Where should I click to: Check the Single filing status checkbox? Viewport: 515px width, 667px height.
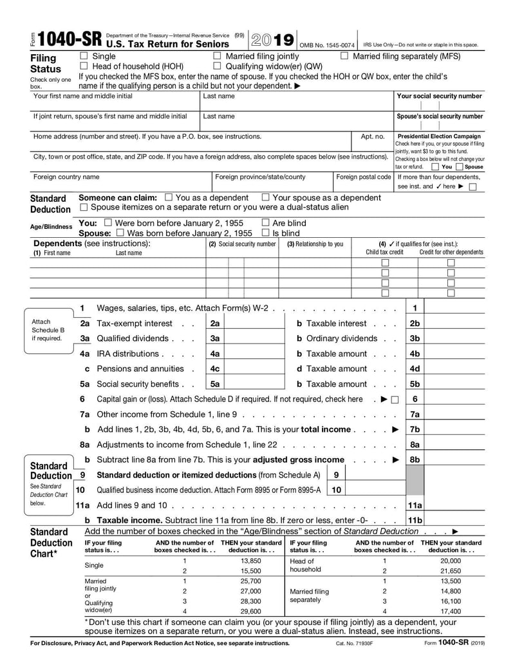pos(84,57)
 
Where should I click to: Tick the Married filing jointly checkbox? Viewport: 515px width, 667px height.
pos(217,57)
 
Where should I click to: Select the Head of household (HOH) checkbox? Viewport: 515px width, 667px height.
pos(84,66)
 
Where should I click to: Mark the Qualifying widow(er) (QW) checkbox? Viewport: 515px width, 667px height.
pos(217,66)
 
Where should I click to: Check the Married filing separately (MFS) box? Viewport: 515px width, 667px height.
pos(344,57)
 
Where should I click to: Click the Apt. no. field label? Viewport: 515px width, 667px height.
pos(372,137)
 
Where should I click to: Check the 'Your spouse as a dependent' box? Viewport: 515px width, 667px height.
pos(266,198)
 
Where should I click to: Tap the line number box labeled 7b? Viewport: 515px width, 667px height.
pos(415,429)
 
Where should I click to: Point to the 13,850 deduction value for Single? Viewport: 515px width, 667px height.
pos(250,561)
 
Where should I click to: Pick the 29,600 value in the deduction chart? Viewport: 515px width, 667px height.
pos(250,611)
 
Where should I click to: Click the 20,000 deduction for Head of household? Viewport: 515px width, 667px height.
pos(451,561)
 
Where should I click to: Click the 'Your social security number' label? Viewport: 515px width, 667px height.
pos(439,96)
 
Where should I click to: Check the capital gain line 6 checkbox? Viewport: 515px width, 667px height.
pos(395,400)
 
